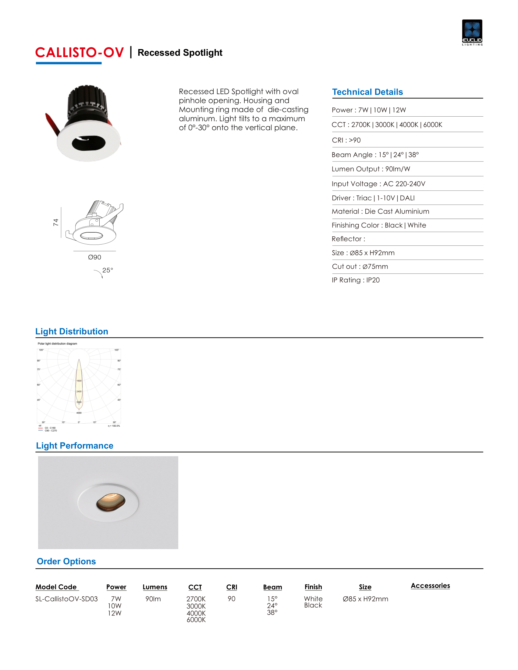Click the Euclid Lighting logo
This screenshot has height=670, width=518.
472,32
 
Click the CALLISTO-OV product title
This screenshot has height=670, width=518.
80,53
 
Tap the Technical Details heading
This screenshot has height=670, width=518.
367,92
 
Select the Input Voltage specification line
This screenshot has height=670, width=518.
378,184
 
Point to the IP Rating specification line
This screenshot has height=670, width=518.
356,280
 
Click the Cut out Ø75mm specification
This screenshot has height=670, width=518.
360,266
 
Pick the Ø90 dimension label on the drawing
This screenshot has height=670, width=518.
94,257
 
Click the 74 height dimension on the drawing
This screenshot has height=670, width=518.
55,222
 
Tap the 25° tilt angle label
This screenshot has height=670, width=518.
107,270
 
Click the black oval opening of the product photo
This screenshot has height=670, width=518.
88,143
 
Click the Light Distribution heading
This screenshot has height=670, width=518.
72,331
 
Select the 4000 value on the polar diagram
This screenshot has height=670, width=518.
79,413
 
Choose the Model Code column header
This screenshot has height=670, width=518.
56,587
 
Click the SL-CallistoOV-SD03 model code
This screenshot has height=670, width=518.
66,599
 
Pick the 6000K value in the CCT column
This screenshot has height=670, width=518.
196,620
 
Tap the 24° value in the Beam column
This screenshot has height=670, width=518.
272,605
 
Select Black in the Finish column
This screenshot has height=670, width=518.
313,605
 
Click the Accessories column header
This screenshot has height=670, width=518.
430,586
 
